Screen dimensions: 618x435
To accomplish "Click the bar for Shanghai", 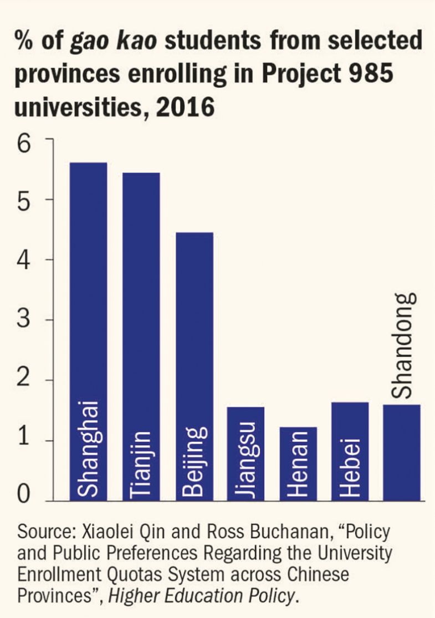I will coord(88,332).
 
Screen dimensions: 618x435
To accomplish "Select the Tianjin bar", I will coord(141,337).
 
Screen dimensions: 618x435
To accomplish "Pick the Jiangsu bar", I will coord(245,454).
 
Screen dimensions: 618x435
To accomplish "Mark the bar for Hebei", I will coord(350,451).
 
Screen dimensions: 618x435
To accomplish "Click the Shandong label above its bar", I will coord(403,345).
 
